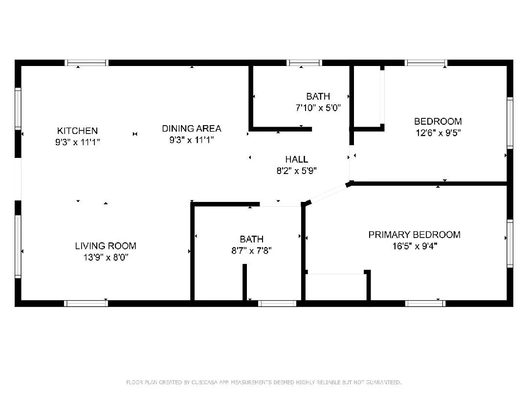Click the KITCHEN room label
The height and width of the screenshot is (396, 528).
tap(77, 131)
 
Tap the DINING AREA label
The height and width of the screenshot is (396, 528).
tap(192, 129)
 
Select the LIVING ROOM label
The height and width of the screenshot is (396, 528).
tap(105, 246)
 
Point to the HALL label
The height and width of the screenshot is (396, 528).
tap(297, 159)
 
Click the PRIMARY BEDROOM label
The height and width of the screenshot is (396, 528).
tap(414, 235)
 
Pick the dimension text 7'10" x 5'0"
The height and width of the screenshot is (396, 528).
tap(318, 108)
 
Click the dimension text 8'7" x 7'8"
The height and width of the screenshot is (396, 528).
tap(251, 251)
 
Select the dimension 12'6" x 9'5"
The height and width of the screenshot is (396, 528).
tap(438, 132)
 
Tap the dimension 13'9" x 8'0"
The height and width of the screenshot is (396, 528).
tap(105, 257)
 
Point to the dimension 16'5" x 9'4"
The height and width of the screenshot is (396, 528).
tap(414, 246)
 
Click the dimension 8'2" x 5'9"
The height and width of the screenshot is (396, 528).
tap(297, 171)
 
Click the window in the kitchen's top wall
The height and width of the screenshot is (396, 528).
tap(87, 63)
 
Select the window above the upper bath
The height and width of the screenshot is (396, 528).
tap(304, 63)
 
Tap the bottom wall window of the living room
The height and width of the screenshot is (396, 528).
tap(86, 303)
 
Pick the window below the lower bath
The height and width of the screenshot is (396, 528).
tap(277, 303)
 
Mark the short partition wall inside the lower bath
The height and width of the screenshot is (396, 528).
tap(244, 282)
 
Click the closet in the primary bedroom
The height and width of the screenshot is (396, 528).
tap(336, 287)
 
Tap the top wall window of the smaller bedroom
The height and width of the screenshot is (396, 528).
tap(426, 63)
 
